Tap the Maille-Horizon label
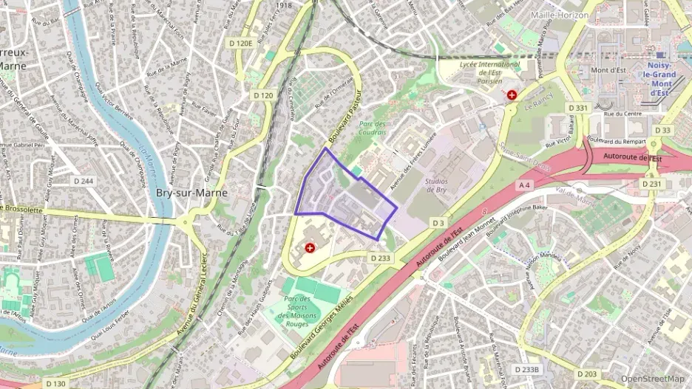pos(559,15)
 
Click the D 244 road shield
pos(84,181)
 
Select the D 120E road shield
pos(241,44)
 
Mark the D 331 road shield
pos(578,108)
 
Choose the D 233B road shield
pos(527,369)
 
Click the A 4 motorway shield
pos(525,184)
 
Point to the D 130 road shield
pos(56,384)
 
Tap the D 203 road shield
pos(588,373)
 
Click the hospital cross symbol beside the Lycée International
pos(512,95)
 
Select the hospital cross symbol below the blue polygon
pos(309,249)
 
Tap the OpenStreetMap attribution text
pos(652,379)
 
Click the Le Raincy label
pos(540,106)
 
